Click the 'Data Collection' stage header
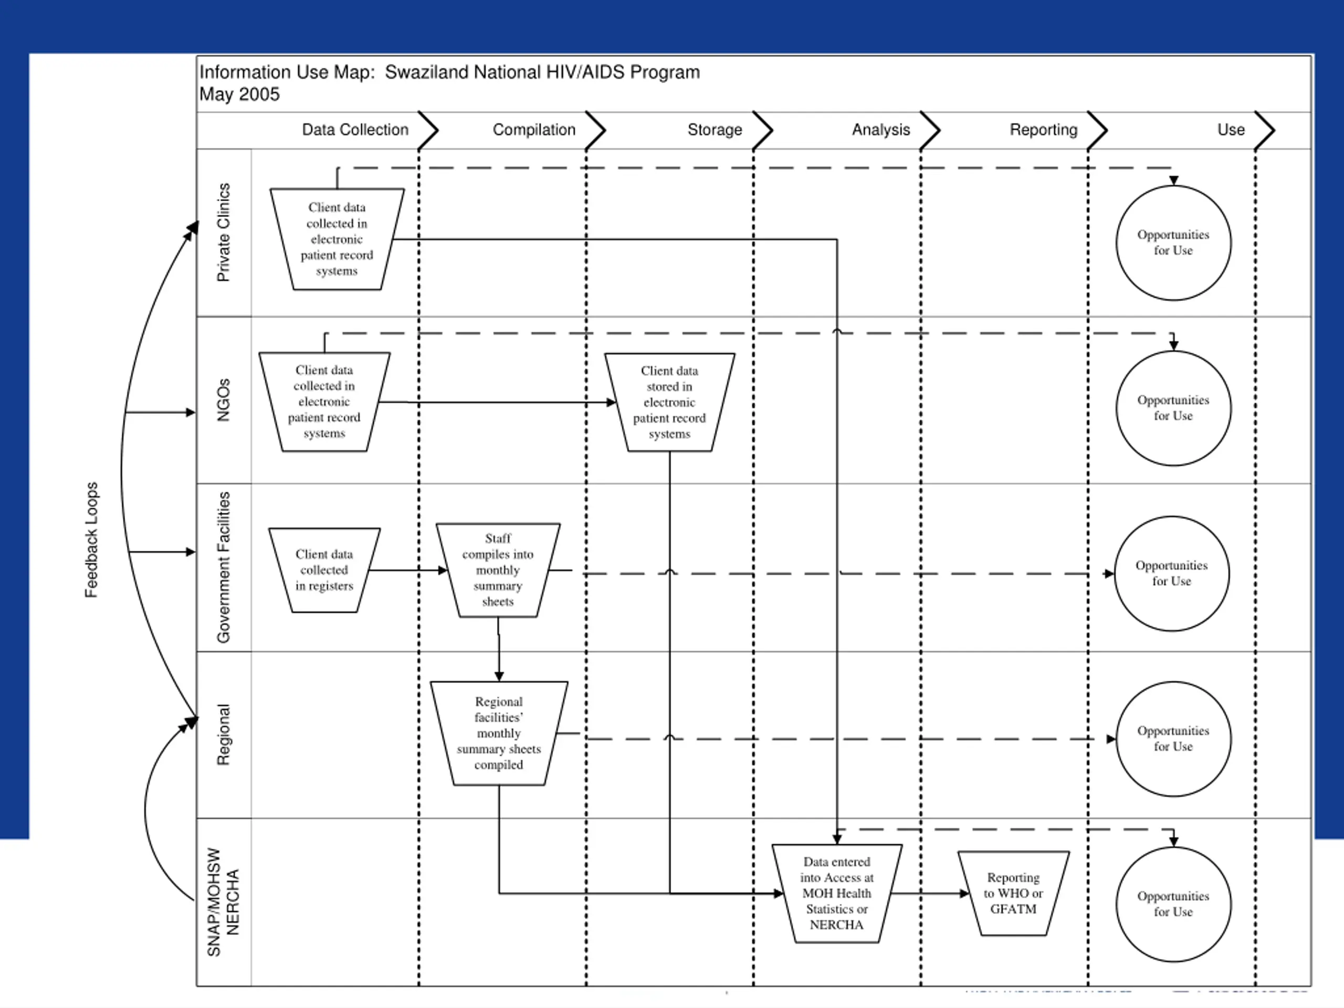(x=355, y=130)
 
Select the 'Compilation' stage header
(x=534, y=130)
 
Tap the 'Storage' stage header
(x=715, y=130)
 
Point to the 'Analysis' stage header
(x=881, y=130)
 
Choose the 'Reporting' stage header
(x=1044, y=130)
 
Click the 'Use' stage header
(x=1231, y=130)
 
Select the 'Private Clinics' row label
(x=224, y=233)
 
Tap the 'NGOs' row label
(x=224, y=401)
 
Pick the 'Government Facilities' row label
(x=224, y=568)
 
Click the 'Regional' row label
(x=224, y=735)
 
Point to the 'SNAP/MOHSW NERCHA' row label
(x=223, y=902)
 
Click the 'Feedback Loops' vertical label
(x=91, y=540)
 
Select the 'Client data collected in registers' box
(x=324, y=571)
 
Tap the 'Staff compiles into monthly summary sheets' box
(x=498, y=571)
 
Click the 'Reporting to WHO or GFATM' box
(x=1013, y=894)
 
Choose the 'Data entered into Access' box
(x=837, y=894)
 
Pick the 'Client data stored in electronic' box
(x=669, y=402)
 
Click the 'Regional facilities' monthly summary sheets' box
(x=499, y=733)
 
